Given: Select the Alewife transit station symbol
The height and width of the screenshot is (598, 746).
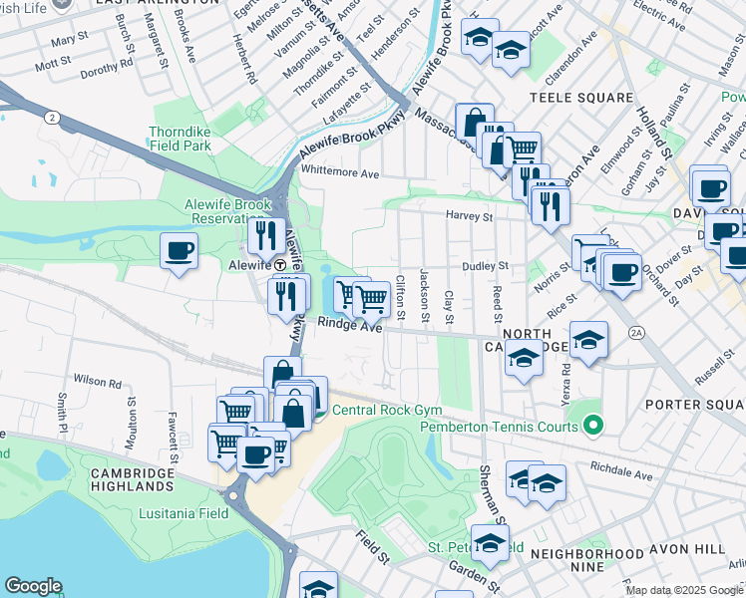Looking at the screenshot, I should tap(282, 266).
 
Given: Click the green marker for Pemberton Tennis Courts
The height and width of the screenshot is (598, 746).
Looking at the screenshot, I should tap(593, 427).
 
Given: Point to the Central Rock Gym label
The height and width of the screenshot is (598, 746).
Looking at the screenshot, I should tap(386, 410).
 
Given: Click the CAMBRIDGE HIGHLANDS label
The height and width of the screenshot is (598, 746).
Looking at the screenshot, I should tap(132, 479).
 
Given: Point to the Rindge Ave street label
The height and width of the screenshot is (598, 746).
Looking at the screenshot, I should tap(350, 326).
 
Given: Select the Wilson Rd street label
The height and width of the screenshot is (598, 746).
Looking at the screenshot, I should tap(97, 382).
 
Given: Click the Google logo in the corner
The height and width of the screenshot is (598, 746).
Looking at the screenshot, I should tap(34, 586).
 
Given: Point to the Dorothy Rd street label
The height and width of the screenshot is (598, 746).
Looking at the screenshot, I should tap(107, 71).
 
